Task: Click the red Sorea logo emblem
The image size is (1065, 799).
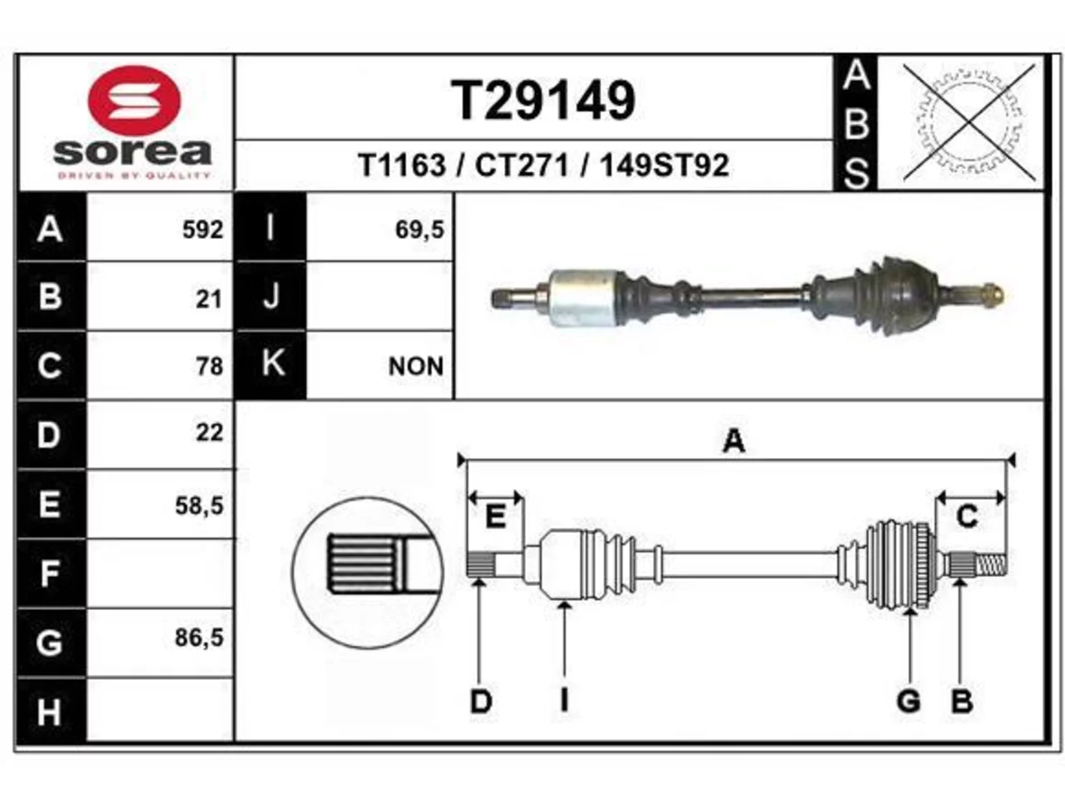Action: pos(134,101)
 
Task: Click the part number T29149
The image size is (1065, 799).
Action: pos(543,101)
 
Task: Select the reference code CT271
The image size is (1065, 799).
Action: pos(522,166)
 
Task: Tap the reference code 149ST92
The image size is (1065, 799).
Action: pos(664,166)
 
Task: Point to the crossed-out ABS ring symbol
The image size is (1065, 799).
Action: pos(969,122)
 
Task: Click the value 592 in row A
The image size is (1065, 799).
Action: pos(203,230)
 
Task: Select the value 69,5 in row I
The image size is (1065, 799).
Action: pos(419,230)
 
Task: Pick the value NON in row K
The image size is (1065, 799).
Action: pos(416,366)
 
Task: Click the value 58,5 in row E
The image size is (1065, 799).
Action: pos(200,506)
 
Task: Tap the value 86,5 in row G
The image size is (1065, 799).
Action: pos(200,638)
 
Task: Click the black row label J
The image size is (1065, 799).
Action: pos(270,296)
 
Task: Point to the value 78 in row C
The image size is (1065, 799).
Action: pos(211,366)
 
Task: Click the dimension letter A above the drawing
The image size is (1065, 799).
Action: pos(734,441)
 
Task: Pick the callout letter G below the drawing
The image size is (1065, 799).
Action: pos(909,702)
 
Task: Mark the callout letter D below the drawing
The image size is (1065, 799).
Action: pos(481,702)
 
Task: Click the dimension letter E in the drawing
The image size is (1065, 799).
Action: pos(495,517)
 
